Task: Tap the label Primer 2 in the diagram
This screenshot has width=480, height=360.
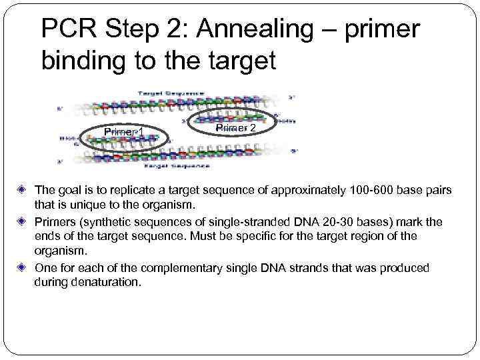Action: [x=235, y=127]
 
